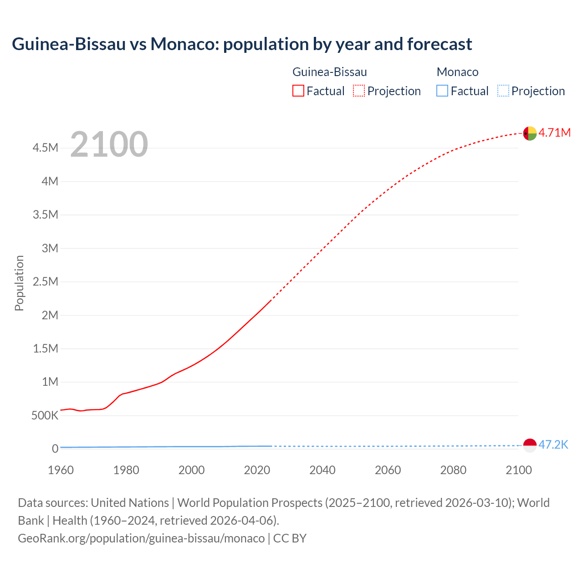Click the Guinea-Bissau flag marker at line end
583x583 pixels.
pos(530,133)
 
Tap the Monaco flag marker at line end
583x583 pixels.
pos(530,445)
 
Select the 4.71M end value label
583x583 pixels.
pos(554,133)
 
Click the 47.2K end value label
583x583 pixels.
pos(553,445)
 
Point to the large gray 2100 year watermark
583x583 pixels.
pos(109,144)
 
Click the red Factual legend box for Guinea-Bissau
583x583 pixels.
pos(298,91)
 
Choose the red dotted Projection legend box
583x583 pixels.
pos(359,91)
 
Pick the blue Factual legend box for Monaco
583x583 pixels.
pos(442,91)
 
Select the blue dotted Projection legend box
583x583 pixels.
pos(503,91)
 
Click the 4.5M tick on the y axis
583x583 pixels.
pos(46,148)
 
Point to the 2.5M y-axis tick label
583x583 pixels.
pos(46,281)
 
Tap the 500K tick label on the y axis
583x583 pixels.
pos(45,415)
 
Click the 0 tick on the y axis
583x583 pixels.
pos(55,449)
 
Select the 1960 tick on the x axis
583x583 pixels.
pos(61,470)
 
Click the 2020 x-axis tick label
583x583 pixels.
pos(257,470)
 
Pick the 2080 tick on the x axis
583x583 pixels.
pos(453,470)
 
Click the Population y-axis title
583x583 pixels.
pos(19,283)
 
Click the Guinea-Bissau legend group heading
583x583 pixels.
pos(329,72)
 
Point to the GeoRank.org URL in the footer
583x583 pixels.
pos(141,538)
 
